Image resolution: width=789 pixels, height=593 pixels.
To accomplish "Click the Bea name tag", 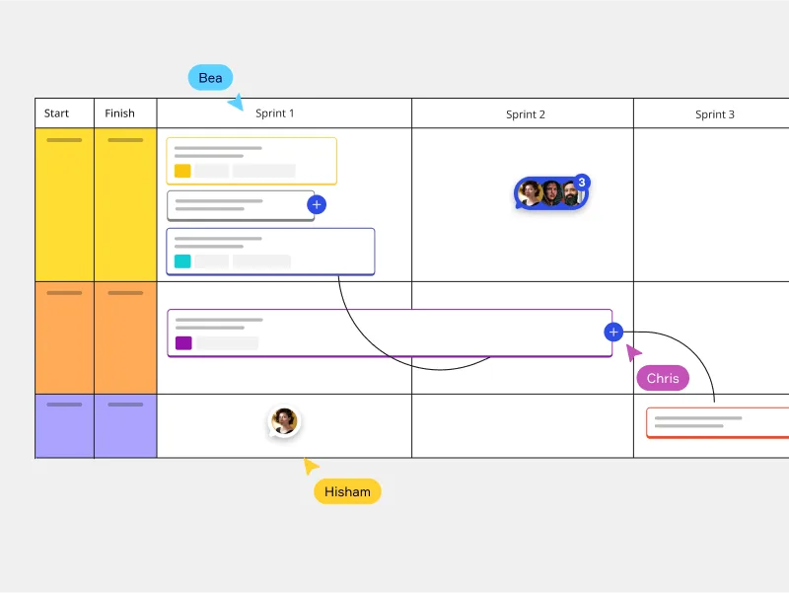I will coord(210,77).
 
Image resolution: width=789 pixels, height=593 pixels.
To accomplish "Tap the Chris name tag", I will coord(663,378).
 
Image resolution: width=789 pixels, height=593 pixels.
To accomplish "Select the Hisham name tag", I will coord(347,491).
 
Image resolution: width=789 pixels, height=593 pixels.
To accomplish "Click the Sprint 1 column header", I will coord(275,113).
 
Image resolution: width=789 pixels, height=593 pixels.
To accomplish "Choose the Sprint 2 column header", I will coord(526,114).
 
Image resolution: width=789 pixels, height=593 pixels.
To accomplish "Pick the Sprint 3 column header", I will coord(714,114).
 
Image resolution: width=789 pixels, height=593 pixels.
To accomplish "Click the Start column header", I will coord(57,113).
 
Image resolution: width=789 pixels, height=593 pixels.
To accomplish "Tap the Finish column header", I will coord(120,113).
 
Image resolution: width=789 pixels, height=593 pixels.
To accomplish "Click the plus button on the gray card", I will coord(316,204).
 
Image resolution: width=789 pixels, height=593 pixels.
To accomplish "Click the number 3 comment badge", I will coord(582,183).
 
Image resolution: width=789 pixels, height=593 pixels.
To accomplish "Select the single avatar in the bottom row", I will coord(284,421).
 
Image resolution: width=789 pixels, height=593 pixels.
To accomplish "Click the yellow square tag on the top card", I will coord(182,171).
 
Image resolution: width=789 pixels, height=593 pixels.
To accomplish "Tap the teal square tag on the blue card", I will coord(182,261).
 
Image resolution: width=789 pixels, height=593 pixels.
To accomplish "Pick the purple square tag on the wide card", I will coord(183,343).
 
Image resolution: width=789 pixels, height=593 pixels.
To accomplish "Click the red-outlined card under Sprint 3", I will coord(717,422).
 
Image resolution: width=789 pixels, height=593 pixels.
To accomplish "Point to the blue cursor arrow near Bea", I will coord(236,102).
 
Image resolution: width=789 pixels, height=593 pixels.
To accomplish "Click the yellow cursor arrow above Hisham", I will coord(311,466).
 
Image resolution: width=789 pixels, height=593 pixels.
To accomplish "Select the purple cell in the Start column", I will coord(64,426).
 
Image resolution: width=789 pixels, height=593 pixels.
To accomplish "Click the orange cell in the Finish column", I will coord(125,337).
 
